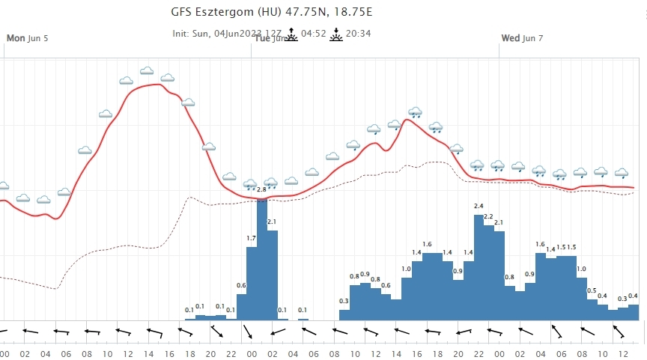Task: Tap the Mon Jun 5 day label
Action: (27, 37)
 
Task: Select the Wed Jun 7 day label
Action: (522, 37)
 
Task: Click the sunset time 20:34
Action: (359, 33)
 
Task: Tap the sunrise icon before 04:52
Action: (291, 34)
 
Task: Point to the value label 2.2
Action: (488, 217)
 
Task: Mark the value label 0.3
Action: (344, 301)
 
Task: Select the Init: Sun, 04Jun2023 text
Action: (217, 33)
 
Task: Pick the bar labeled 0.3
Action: (344, 314)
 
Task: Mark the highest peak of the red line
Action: (154, 85)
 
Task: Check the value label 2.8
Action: (261, 189)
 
